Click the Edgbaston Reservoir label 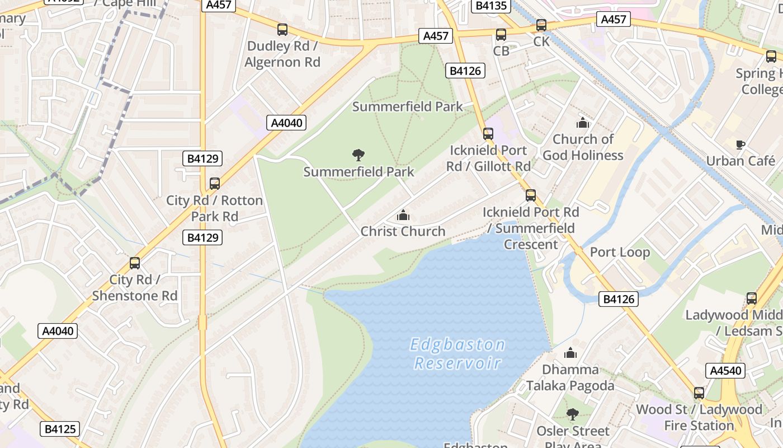click(457, 353)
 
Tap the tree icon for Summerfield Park click(359, 155)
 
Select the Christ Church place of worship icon click(403, 215)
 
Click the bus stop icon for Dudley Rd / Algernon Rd click(282, 30)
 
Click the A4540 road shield click(726, 371)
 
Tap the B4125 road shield click(60, 429)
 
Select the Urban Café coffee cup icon click(740, 145)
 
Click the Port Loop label click(620, 252)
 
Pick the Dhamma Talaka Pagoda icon click(570, 353)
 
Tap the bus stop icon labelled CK click(541, 25)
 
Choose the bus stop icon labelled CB click(501, 35)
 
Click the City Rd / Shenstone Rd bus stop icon click(135, 263)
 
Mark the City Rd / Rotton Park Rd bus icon click(214, 184)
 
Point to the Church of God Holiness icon click(583, 123)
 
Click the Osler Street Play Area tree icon click(572, 414)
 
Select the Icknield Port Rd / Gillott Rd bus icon click(488, 134)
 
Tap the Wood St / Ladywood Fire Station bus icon click(699, 393)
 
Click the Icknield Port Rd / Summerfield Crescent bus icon click(531, 195)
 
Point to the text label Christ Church click(403, 231)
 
